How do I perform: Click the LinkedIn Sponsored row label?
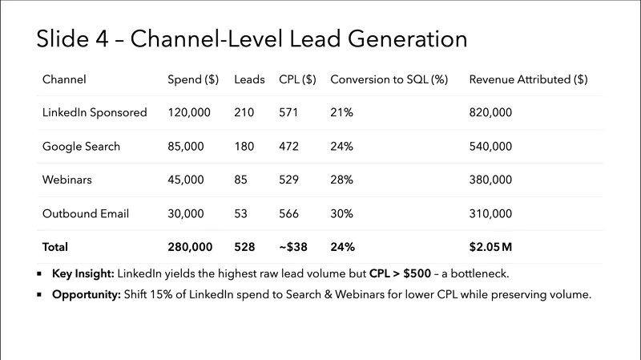pyautogui.click(x=95, y=113)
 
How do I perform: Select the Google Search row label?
pyautogui.click(x=81, y=147)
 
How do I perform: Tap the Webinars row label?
pyautogui.click(x=67, y=180)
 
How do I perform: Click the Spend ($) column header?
pyautogui.click(x=193, y=79)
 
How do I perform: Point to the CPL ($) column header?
pyautogui.click(x=297, y=79)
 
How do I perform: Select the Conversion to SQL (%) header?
pyautogui.click(x=389, y=79)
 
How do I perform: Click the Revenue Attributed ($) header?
pyautogui.click(x=528, y=79)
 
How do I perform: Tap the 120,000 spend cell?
pyautogui.click(x=189, y=113)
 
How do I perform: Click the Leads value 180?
pyautogui.click(x=244, y=147)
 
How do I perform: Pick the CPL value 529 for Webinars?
pyautogui.click(x=289, y=180)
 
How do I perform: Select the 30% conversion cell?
pyautogui.click(x=341, y=214)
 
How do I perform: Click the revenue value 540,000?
pyautogui.click(x=490, y=147)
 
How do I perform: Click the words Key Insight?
pyautogui.click(x=83, y=273)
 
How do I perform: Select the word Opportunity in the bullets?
pyautogui.click(x=86, y=294)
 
